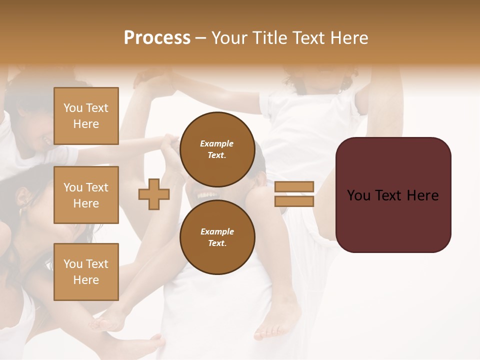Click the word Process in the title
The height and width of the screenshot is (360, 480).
[x=157, y=38]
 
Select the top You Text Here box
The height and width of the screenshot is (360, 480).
[x=86, y=116]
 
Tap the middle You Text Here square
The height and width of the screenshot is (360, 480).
[x=86, y=195]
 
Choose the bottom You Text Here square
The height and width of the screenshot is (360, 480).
[x=86, y=272]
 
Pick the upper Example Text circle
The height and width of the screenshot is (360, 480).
[x=217, y=149]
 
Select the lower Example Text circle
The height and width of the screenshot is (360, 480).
[x=217, y=237]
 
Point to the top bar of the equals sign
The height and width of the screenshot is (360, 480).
[x=294, y=186]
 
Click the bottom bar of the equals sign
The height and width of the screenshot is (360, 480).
[x=294, y=201]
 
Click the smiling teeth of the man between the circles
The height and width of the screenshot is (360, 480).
[x=207, y=194]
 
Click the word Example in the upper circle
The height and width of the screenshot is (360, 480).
[x=217, y=143]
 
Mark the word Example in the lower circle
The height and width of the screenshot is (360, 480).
[x=217, y=231]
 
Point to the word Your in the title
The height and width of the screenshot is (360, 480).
[x=228, y=38]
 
